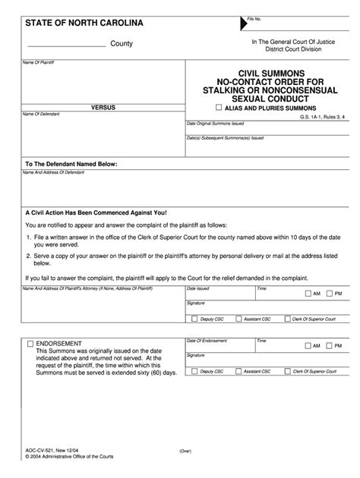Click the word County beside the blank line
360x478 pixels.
pos(122,44)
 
